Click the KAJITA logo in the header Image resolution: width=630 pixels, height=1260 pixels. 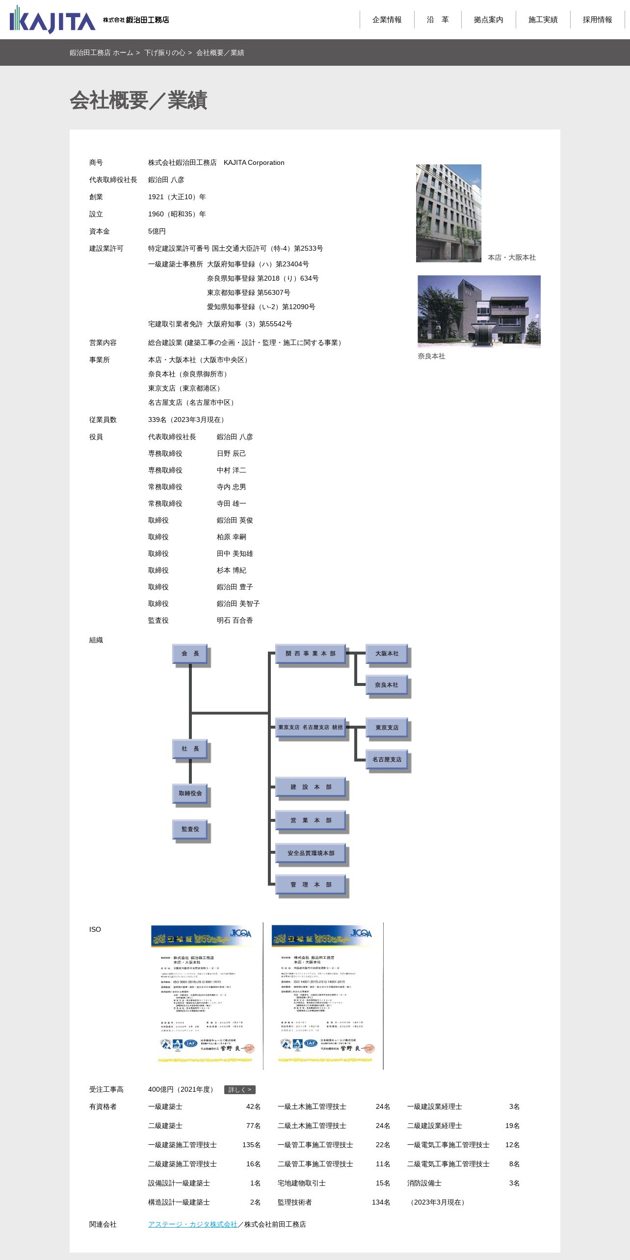[x=52, y=20]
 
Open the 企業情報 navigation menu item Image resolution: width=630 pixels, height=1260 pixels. [x=387, y=20]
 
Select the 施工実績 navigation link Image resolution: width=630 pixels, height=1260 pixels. [x=543, y=20]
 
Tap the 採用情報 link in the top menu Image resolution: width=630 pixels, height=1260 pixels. [x=597, y=20]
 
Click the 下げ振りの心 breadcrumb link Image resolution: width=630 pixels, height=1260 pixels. [x=165, y=52]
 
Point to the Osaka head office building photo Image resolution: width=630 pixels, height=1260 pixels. [x=448, y=213]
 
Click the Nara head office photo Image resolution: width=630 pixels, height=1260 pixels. [x=479, y=311]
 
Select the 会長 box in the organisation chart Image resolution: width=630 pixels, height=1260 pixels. [x=190, y=654]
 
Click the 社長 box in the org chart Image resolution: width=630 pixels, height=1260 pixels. [x=190, y=749]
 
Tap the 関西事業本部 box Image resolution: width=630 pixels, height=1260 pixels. [x=310, y=654]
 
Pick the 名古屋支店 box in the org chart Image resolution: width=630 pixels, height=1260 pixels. [x=387, y=760]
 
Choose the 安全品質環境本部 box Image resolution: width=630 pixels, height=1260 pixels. [x=311, y=853]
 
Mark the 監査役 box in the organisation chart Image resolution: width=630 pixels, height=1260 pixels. [x=190, y=829]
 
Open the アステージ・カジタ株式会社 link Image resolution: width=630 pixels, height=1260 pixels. [x=192, y=1224]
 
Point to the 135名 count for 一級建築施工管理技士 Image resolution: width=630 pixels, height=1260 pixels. [x=251, y=1145]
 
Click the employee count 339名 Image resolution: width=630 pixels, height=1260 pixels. [x=157, y=420]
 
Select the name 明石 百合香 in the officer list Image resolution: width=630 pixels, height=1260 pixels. [x=235, y=620]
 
